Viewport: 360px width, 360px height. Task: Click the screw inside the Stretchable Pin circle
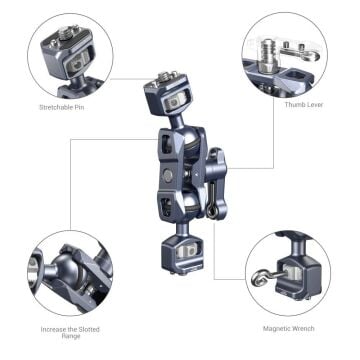point(75,45)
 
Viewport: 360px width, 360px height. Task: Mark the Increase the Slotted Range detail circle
point(70,274)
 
